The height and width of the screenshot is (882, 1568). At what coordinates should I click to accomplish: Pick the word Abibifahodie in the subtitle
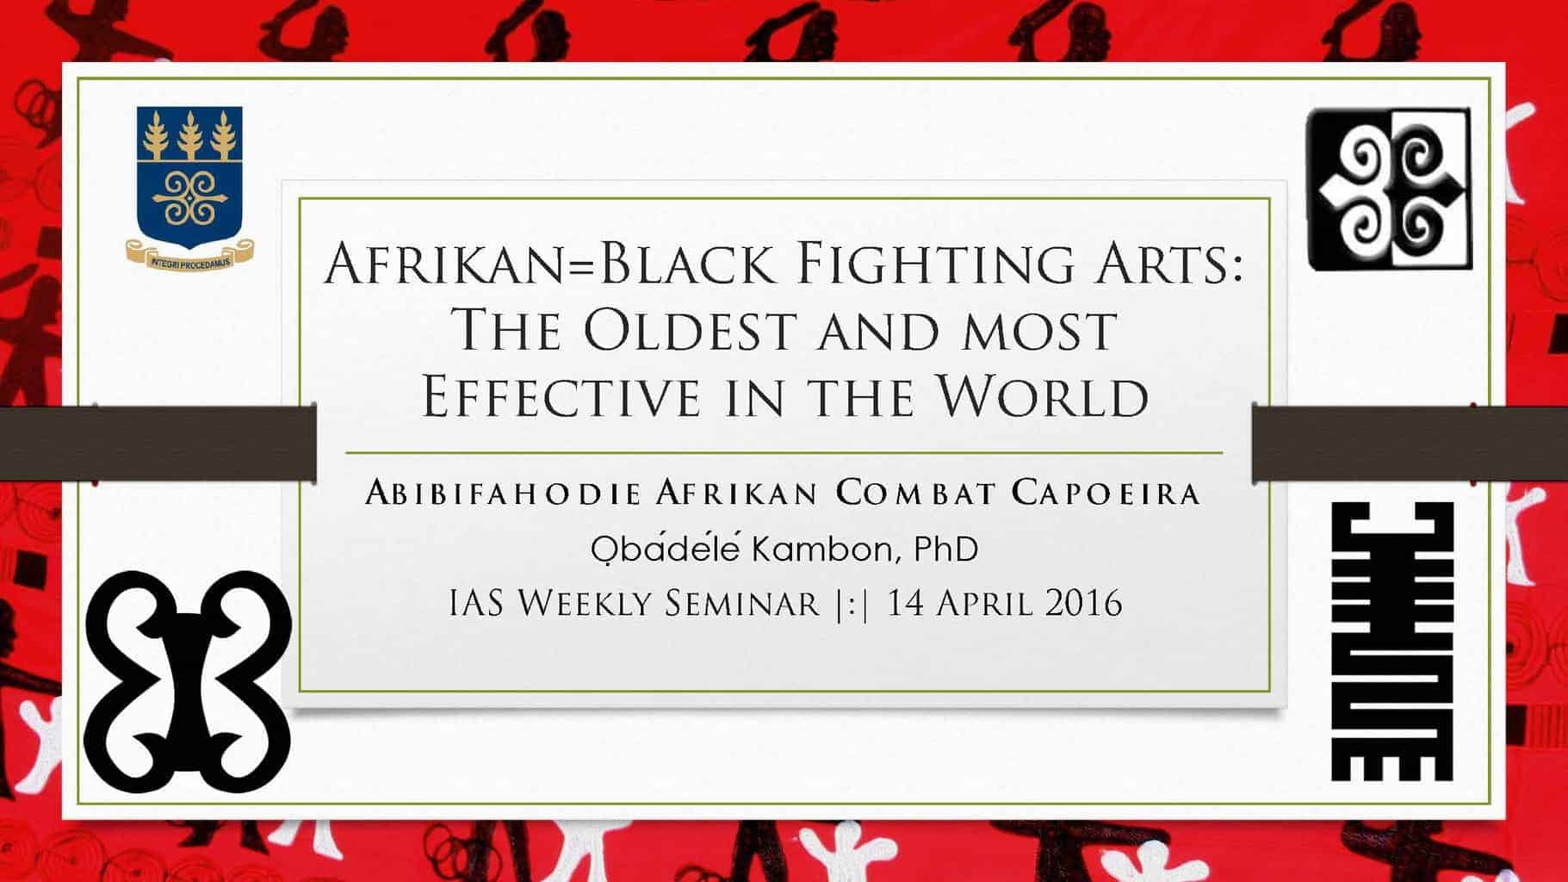click(x=503, y=494)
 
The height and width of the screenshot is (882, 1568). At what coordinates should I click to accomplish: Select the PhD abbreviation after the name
click(x=945, y=549)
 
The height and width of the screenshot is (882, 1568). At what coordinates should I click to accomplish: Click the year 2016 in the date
click(x=1083, y=603)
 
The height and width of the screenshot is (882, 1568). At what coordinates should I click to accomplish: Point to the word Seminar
click(x=742, y=603)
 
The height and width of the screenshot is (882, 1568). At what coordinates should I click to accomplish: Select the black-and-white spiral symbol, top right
click(x=1389, y=189)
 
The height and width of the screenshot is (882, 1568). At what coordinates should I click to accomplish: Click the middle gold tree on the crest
click(x=189, y=135)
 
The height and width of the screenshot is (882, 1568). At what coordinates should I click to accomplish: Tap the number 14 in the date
click(x=905, y=603)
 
